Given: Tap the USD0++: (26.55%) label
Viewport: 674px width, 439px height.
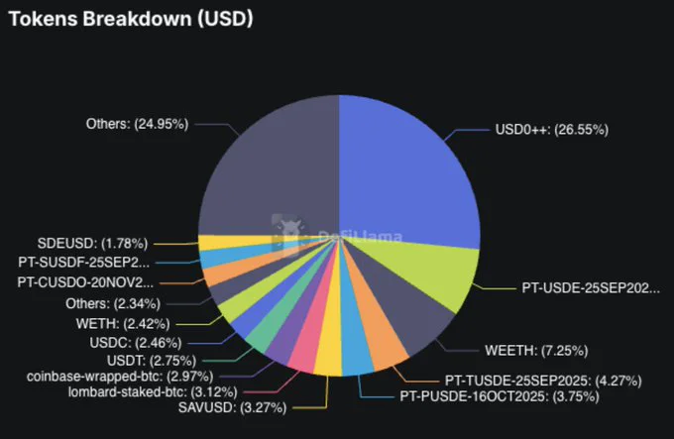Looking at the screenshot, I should pos(551,129).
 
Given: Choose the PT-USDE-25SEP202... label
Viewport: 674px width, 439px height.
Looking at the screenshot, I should pos(591,287).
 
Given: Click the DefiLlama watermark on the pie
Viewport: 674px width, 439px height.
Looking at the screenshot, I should pos(337,235).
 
